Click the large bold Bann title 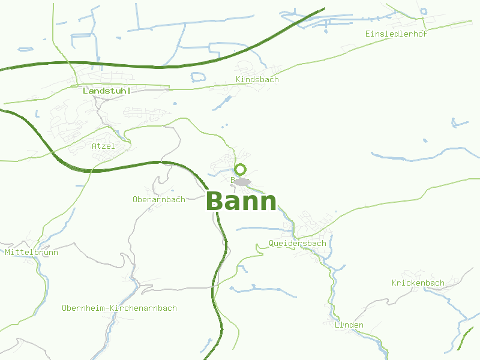[242, 202]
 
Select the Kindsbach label [257, 80]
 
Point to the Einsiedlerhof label [396, 34]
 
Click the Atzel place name [103, 146]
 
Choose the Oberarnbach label [159, 199]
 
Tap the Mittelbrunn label [32, 253]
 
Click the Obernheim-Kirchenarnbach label [119, 308]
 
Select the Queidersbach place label [298, 244]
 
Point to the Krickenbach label [418, 283]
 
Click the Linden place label [349, 325]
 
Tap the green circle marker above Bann [241, 169]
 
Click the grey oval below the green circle [241, 181]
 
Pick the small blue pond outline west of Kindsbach [198, 77]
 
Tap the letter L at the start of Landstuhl [86, 91]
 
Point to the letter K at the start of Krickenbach [395, 283]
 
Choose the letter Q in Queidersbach [272, 244]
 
